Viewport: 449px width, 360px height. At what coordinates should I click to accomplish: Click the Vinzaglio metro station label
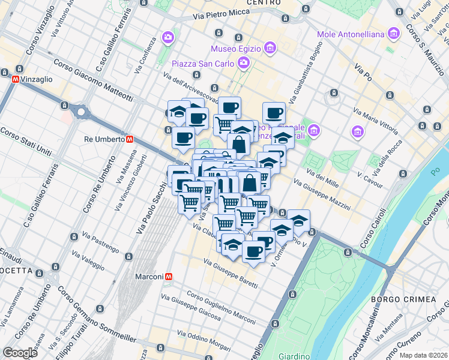[x=37, y=79]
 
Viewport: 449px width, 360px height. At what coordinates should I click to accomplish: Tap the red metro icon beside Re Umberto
[x=130, y=139]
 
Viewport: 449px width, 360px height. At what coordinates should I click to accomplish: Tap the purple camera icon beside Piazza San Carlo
[x=243, y=62]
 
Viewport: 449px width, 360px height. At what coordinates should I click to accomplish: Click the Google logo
[x=20, y=353]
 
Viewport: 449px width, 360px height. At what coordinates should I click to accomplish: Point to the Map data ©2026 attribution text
[x=423, y=355]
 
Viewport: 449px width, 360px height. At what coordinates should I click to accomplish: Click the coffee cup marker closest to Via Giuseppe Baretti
[x=254, y=251]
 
